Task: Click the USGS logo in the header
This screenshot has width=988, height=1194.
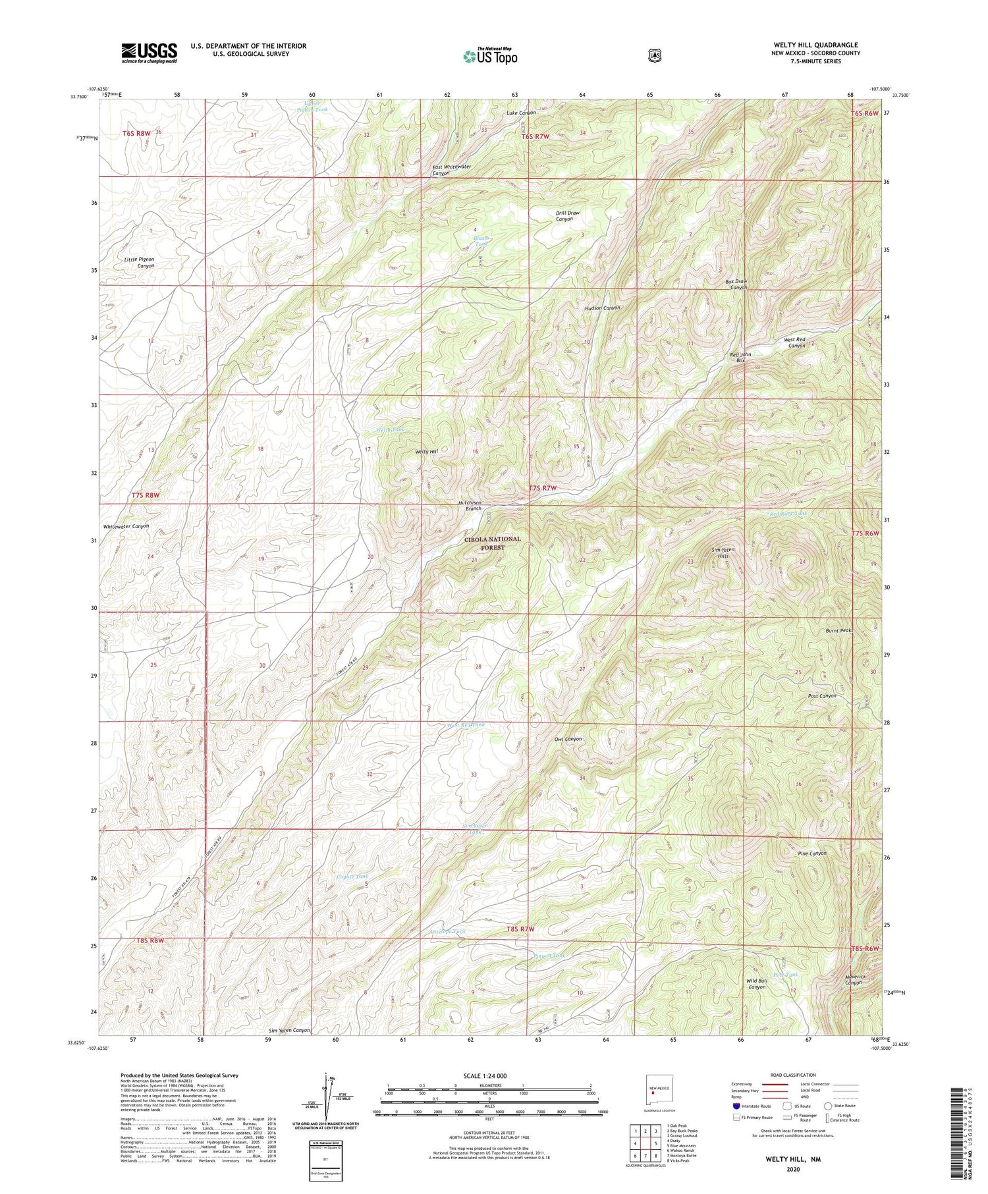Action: coord(149,53)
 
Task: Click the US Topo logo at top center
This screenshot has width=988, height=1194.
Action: coord(490,56)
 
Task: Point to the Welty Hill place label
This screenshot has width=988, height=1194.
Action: coord(426,452)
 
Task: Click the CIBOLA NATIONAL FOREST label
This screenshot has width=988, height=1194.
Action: coord(492,543)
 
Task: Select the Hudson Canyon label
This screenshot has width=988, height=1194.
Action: coord(602,308)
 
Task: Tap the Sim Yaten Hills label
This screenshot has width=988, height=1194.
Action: coord(723,553)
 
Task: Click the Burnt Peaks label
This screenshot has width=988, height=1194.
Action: coord(839,630)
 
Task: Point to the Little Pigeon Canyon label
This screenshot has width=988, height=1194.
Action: coord(139,263)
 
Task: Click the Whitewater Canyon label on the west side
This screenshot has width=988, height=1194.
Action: coord(126,526)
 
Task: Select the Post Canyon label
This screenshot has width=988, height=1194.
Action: coord(822,695)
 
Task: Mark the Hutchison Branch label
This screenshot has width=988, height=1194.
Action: coord(470,505)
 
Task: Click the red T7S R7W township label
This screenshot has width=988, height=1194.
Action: coord(543,488)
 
